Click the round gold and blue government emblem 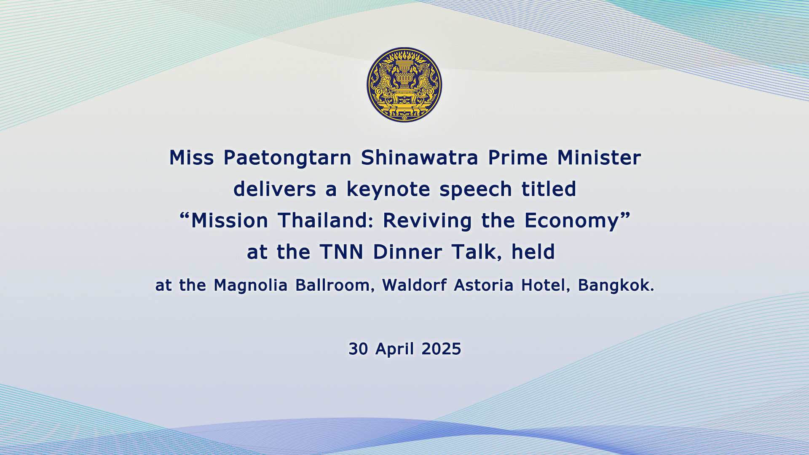[404, 85]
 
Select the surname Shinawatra [420, 158]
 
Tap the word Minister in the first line [599, 158]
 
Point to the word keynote [388, 189]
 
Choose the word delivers [275, 189]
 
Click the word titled [549, 189]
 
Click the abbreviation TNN [342, 252]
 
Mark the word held [533, 252]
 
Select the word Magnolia [251, 286]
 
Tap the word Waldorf [414, 285]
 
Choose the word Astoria [484, 285]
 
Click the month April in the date [395, 349]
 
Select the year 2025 [441, 349]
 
